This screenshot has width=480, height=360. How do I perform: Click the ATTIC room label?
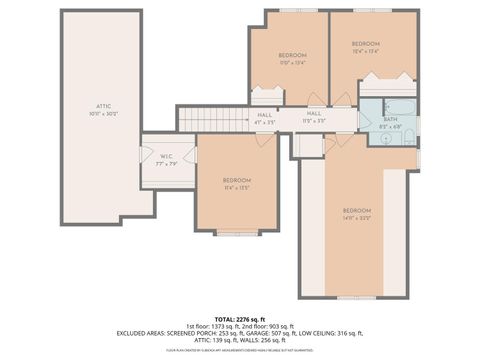(x=103, y=105)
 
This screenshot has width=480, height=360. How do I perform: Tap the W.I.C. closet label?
(x=167, y=156)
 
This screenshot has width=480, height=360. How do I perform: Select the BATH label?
(x=389, y=119)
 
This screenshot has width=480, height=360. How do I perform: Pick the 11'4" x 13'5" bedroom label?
(x=237, y=180)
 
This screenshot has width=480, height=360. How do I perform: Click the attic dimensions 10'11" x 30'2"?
(x=103, y=113)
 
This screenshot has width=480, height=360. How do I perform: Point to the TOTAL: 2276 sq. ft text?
(x=239, y=318)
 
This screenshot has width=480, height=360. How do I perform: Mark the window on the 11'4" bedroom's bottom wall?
(x=238, y=232)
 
